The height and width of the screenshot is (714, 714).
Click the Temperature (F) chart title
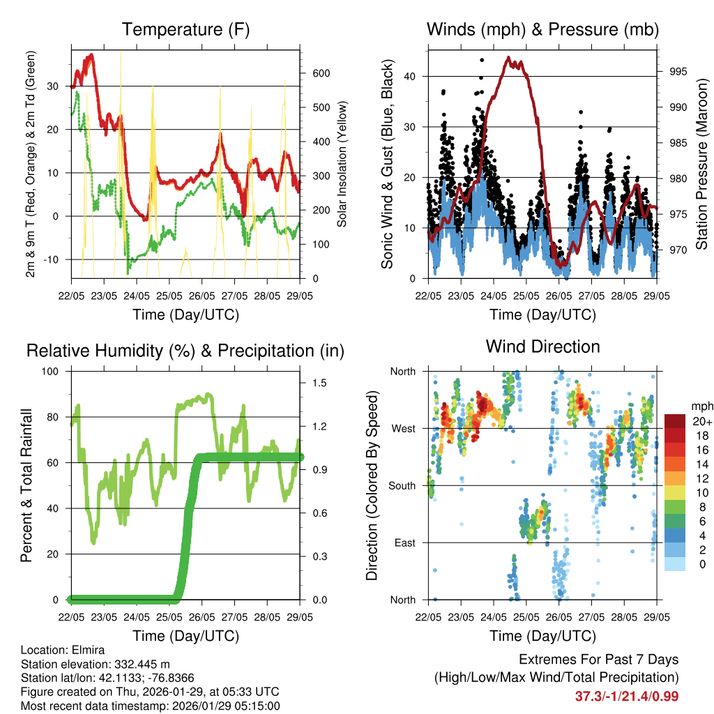coord(185,30)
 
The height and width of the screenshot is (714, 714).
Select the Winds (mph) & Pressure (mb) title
coord(542,30)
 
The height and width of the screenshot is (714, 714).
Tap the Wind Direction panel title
coord(542,347)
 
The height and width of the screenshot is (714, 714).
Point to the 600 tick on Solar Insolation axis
coord(320,73)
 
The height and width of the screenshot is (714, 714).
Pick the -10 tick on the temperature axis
coord(55,259)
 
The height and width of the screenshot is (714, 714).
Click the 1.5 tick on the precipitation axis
coord(321,383)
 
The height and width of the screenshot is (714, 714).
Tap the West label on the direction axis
coord(404,428)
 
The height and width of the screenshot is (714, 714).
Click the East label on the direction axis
coord(405,542)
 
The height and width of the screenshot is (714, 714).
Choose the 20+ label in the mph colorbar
coord(701,422)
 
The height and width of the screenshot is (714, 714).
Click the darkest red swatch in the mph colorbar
coord(675,421)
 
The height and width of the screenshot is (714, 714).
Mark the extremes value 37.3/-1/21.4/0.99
coord(627,696)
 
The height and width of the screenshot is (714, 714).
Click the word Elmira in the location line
coord(88,649)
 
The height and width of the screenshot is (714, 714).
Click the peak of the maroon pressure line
coord(508,58)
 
